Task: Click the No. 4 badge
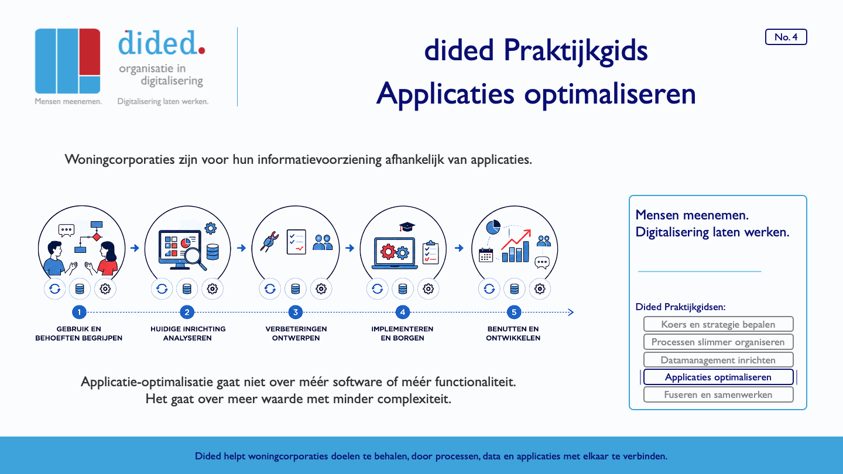click(786, 37)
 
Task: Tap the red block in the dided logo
click(90, 51)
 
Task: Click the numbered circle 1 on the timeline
click(79, 312)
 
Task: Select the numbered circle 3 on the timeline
click(296, 312)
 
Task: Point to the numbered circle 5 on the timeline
click(514, 312)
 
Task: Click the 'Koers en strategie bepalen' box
click(718, 324)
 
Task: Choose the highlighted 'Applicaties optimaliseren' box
click(718, 377)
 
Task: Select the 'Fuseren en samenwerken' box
click(718, 394)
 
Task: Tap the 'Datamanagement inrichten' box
click(718, 360)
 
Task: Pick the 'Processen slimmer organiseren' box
click(718, 342)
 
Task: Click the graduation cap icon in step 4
click(407, 227)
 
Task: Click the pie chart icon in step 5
click(494, 227)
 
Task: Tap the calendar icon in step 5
click(486, 255)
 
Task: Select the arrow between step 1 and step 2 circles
click(135, 248)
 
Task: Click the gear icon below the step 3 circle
click(321, 289)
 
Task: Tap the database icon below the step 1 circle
click(80, 289)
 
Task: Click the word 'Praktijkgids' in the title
click(575, 51)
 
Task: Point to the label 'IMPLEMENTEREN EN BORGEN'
click(402, 334)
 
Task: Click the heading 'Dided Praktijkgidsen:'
click(680, 307)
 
